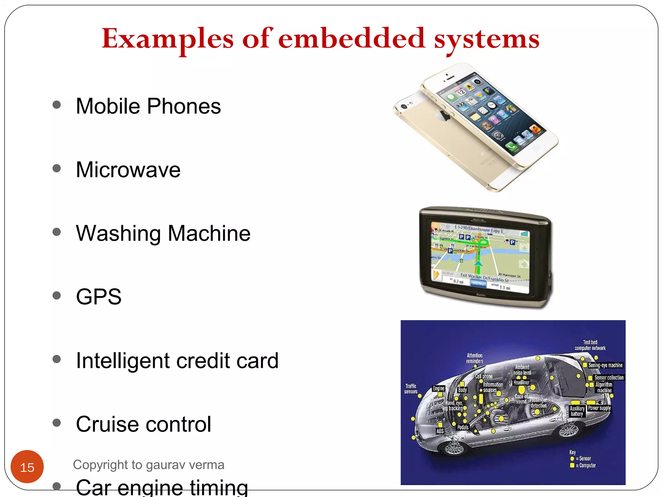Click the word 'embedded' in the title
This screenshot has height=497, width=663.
(351, 39)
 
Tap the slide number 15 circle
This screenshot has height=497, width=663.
(27, 467)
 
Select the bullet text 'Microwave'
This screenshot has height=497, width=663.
(128, 170)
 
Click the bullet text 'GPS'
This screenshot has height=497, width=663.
(99, 297)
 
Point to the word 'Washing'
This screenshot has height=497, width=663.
(118, 234)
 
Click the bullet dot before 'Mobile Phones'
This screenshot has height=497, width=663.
(57, 105)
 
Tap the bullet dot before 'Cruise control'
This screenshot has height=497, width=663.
(57, 423)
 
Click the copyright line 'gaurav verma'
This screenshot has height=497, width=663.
(185, 465)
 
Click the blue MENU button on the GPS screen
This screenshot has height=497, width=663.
(478, 283)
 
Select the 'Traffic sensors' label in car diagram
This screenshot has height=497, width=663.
(411, 389)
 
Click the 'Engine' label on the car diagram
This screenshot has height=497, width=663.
(439, 388)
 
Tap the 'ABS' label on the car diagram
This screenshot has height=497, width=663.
(440, 431)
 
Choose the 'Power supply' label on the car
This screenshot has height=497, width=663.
(599, 408)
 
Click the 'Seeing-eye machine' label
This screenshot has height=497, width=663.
(605, 365)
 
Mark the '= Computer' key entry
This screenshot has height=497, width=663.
(587, 465)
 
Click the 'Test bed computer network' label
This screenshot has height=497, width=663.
(590, 345)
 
